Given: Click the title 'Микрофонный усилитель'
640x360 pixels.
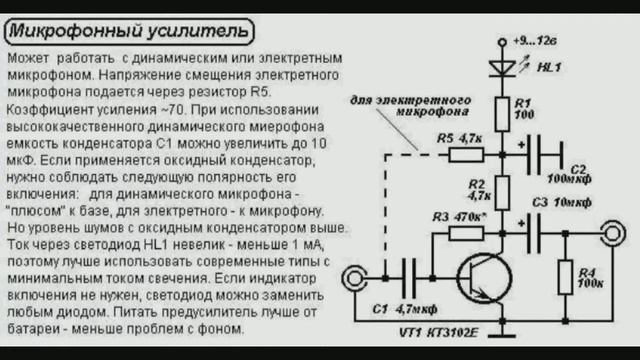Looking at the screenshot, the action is [x=129, y=31].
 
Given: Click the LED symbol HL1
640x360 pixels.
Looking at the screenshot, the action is [x=502, y=68].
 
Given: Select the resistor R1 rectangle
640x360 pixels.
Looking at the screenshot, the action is [x=502, y=114].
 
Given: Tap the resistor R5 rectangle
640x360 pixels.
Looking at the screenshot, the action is [x=466, y=155].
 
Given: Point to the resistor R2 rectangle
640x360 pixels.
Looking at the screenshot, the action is [x=502, y=193].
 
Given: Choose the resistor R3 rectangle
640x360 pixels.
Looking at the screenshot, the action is [x=466, y=233].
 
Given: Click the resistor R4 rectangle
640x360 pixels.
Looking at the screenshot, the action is [x=565, y=277].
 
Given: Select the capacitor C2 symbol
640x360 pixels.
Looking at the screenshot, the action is [x=546, y=155].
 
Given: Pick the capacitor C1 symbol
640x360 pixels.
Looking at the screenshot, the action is [x=409, y=278].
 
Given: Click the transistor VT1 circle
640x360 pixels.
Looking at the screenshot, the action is [x=484, y=278].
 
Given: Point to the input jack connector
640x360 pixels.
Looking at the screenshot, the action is [x=354, y=278].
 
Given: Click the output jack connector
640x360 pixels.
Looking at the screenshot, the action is [x=613, y=233].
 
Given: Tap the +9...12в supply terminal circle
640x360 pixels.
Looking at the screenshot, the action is [x=502, y=42].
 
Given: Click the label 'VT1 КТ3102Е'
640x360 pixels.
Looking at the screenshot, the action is [x=438, y=333].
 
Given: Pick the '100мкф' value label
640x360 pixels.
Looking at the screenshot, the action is [x=569, y=179].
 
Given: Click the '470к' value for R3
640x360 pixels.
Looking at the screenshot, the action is [x=470, y=217].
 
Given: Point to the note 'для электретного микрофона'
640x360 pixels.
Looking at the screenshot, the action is [x=411, y=106].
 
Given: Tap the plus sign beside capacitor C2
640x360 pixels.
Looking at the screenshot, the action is [x=521, y=144].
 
